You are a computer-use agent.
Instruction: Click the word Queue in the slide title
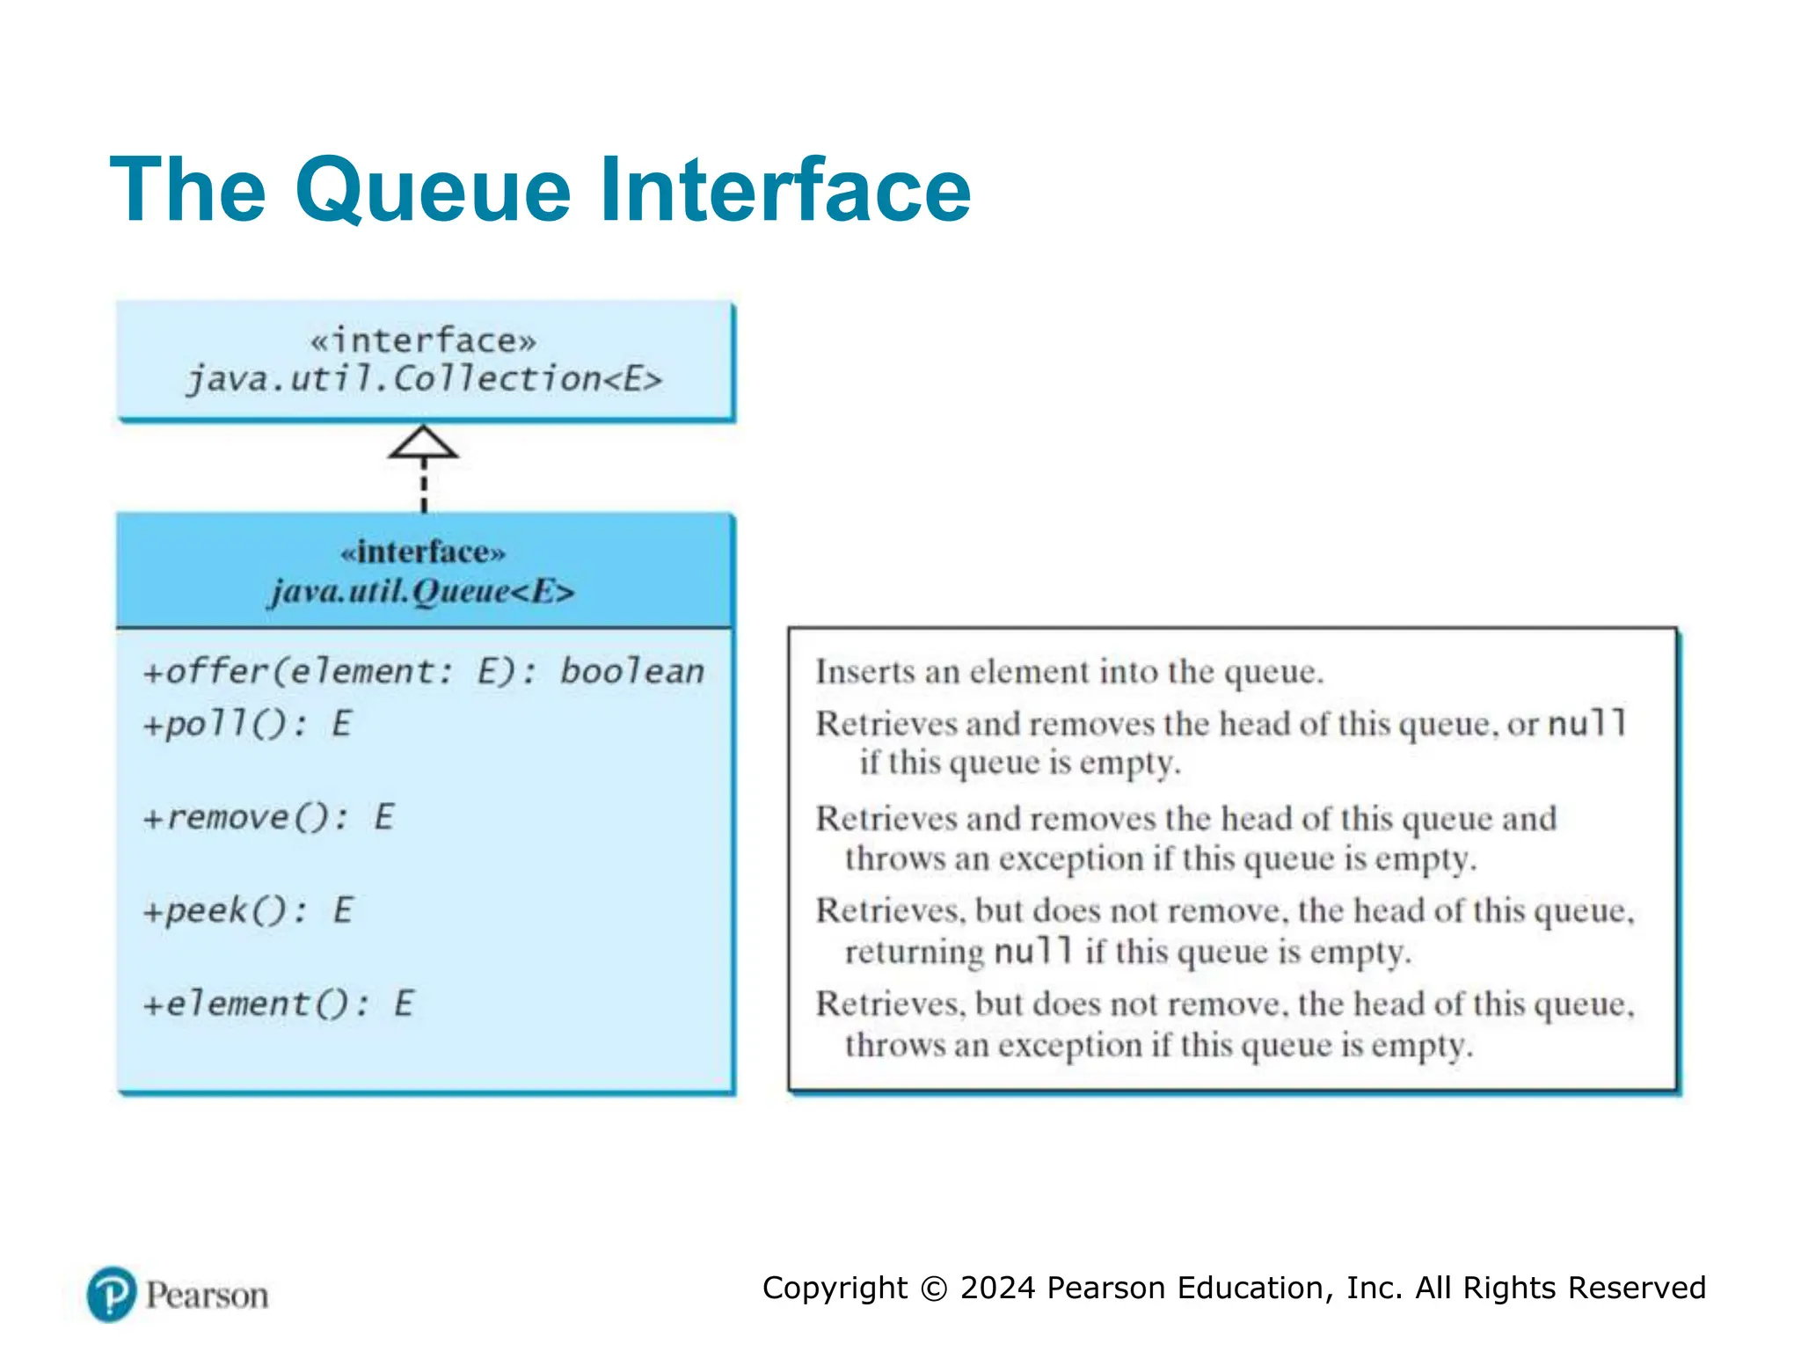pyautogui.click(x=433, y=191)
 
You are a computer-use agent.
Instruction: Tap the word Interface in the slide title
pyautogui.click(x=784, y=189)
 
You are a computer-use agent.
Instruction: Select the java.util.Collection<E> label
pyautogui.click(x=424, y=380)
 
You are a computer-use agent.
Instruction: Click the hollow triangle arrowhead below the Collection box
pyautogui.click(x=423, y=442)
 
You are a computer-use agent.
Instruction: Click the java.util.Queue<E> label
pyautogui.click(x=422, y=591)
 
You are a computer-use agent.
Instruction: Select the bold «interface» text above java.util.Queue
pyautogui.click(x=423, y=552)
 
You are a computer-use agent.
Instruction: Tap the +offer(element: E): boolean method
pyautogui.click(x=424, y=672)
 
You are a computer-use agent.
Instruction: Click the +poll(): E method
pyautogui.click(x=247, y=725)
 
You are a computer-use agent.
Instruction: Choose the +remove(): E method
pyautogui.click(x=268, y=818)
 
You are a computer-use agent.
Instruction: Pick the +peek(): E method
pyautogui.click(x=247, y=910)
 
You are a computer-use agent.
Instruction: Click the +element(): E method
pyautogui.click(x=278, y=1004)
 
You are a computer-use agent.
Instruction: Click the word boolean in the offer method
pyautogui.click(x=632, y=672)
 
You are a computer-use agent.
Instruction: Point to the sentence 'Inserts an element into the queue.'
pyautogui.click(x=1068, y=672)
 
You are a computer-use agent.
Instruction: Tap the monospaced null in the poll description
pyautogui.click(x=1586, y=724)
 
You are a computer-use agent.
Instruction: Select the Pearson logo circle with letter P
pyautogui.click(x=112, y=1294)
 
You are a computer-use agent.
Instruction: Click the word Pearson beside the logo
pyautogui.click(x=208, y=1296)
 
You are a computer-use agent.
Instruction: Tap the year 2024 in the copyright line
pyautogui.click(x=997, y=1288)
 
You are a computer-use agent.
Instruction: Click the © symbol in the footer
pyautogui.click(x=933, y=1289)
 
